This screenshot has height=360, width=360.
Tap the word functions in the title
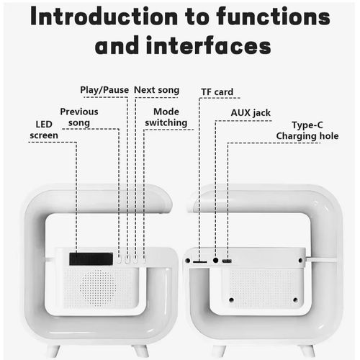[273, 17]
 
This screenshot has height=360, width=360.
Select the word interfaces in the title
[209, 45]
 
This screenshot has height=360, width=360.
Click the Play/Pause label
[104, 90]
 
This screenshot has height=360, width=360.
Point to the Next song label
[157, 90]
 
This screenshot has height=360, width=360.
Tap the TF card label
[217, 92]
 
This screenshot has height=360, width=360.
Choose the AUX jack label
[251, 113]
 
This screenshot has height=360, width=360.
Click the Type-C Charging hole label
[307, 130]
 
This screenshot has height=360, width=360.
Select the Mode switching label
[166, 117]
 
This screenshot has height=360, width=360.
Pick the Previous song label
[79, 117]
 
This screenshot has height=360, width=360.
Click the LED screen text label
[44, 130]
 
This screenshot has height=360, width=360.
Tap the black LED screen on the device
[91, 258]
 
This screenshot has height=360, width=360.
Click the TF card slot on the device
[200, 262]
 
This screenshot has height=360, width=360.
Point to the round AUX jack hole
[215, 260]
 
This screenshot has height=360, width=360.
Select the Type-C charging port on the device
[227, 261]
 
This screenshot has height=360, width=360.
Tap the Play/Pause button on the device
[127, 258]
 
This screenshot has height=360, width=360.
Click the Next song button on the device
[135, 258]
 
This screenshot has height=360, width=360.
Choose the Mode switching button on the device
[144, 258]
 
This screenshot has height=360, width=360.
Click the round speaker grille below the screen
[98, 287]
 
